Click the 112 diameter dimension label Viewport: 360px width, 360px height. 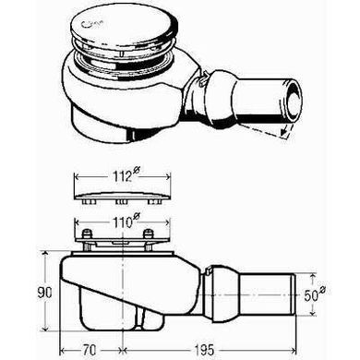pos(123,175)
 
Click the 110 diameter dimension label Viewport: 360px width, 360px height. pos(123,222)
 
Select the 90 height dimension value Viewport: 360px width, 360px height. pos(45,293)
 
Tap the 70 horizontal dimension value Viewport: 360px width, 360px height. pos(90,350)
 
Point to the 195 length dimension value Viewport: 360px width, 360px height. pos(204,350)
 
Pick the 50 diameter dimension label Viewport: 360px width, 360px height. pos(315,294)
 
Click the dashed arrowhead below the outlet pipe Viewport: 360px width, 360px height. pos(285,132)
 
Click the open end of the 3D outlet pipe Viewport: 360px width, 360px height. pos(294,100)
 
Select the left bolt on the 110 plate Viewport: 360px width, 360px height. pos(88,234)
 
